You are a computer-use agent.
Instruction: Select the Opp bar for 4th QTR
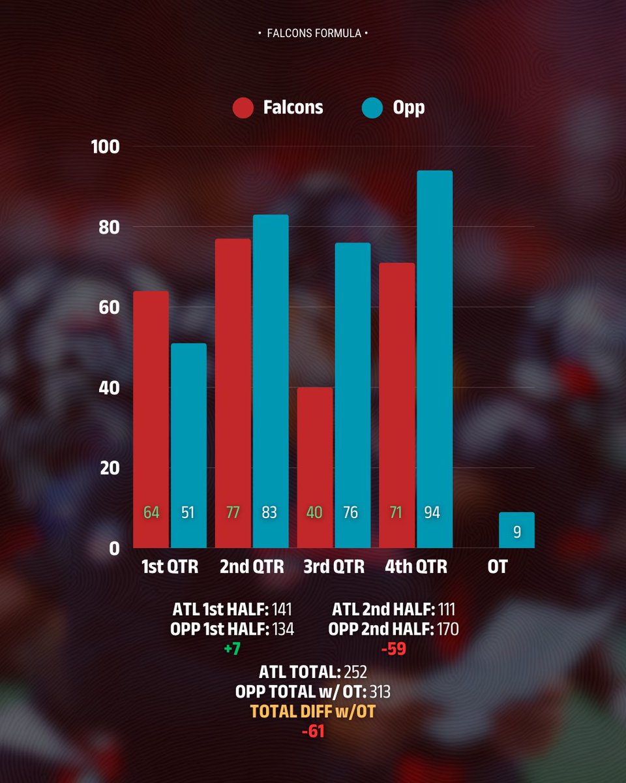pos(434,359)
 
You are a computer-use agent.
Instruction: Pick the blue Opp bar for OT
pos(516,530)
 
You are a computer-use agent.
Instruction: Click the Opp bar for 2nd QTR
pos(271,382)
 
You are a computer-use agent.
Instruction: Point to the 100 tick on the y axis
pos(106,147)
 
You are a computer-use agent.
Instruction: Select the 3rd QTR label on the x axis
pos(334,567)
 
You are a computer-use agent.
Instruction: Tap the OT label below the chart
pos(497,567)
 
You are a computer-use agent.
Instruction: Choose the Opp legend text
pos(408,108)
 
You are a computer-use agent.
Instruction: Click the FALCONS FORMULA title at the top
pos(313,33)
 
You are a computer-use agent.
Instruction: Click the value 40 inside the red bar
pos(314,513)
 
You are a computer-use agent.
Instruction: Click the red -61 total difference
pos(313,732)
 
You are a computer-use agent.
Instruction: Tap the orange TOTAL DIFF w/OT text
pos(313,712)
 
